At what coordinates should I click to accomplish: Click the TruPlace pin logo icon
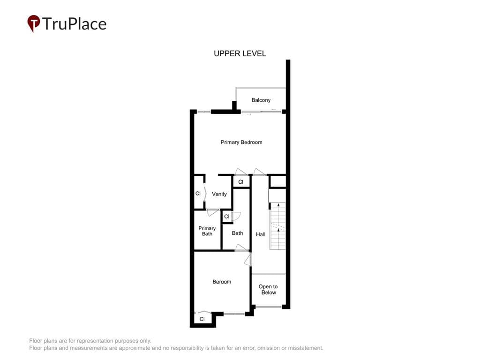tap(34, 23)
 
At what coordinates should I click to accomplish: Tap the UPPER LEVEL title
tap(240, 53)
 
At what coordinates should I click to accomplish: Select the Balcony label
tap(261, 100)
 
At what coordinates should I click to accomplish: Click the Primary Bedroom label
tap(241, 142)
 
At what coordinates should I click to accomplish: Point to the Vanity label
tap(219, 194)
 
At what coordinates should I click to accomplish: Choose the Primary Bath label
tap(207, 231)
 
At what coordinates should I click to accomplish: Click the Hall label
tap(261, 234)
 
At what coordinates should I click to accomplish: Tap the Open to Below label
tap(268, 289)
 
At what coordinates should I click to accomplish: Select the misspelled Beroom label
tap(222, 282)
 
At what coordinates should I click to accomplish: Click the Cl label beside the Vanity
tap(198, 193)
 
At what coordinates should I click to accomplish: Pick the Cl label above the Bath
tap(226, 217)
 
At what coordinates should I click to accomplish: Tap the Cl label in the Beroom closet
tap(202, 319)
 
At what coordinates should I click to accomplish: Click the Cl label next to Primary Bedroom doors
tap(240, 182)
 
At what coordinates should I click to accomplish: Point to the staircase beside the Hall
tap(277, 226)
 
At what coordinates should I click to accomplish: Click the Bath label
tap(237, 233)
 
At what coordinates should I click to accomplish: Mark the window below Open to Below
tap(269, 307)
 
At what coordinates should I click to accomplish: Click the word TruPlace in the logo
tap(75, 24)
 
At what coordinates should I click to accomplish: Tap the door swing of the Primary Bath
tap(213, 212)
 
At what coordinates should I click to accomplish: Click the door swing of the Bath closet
tap(237, 216)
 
